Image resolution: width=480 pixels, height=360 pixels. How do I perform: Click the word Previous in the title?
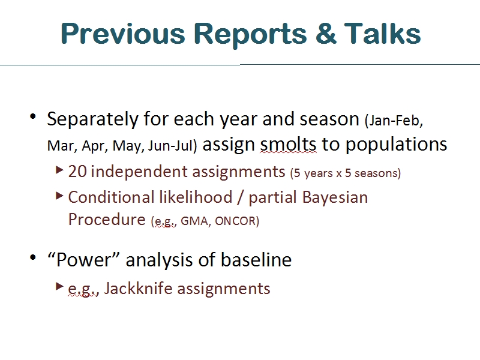coord(123,34)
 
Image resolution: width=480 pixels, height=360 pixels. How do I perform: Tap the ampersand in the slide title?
coord(326,33)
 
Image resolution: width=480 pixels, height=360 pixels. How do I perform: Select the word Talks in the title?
coord(382,33)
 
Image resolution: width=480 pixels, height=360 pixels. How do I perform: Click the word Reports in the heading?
coord(250,35)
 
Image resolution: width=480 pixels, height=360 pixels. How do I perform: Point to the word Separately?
coord(93,119)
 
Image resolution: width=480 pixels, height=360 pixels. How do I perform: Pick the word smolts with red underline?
coord(288,144)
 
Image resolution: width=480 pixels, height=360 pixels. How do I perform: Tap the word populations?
coord(396,145)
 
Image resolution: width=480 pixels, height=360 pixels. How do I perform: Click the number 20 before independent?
coord(77,172)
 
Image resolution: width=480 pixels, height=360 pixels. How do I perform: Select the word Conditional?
coord(111,197)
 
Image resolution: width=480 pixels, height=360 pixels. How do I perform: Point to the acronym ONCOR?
coord(237,221)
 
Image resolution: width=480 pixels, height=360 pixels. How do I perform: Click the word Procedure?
coord(107,220)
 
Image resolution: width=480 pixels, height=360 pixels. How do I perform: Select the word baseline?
coord(256,260)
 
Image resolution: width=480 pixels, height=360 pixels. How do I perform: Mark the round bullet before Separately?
coord(33,116)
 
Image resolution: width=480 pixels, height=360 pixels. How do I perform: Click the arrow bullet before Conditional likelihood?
coord(59,196)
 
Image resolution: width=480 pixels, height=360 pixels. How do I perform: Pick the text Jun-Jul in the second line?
coord(172,146)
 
